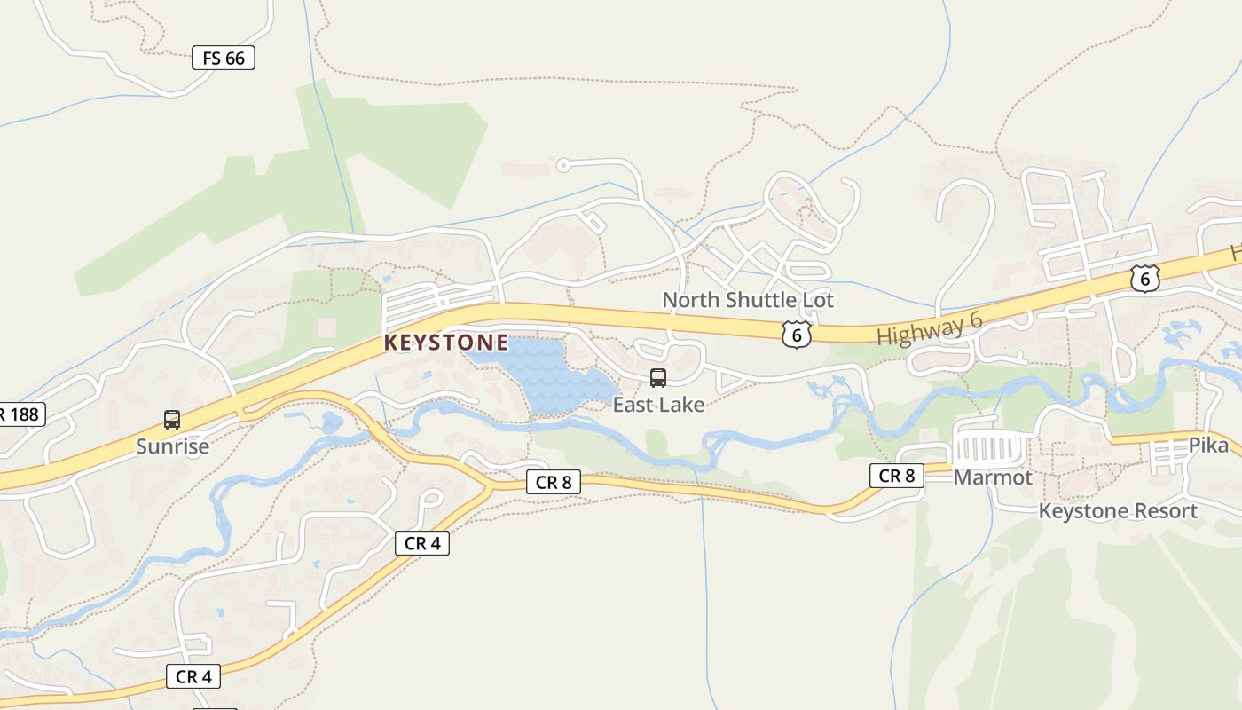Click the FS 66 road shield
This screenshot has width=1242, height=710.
click(224, 59)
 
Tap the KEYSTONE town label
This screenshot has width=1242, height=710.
click(446, 343)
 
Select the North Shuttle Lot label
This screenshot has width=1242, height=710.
click(748, 300)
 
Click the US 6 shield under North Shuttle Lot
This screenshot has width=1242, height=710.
click(797, 334)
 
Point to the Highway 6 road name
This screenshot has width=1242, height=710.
click(929, 329)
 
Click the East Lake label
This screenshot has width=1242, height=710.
click(658, 405)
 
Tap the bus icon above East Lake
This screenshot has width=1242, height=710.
click(658, 378)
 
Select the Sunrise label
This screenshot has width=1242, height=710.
click(173, 446)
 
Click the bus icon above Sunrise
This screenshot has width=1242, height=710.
click(172, 420)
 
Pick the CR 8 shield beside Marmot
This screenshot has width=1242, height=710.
click(896, 476)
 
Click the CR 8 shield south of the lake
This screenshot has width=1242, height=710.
click(554, 483)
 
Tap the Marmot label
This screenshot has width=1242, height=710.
click(993, 477)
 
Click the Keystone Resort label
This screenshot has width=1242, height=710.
click(1118, 511)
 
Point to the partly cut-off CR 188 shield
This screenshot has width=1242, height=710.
click(20, 414)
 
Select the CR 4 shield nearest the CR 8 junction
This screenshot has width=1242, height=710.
click(422, 543)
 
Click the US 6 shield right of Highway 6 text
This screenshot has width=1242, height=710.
click(1145, 279)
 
